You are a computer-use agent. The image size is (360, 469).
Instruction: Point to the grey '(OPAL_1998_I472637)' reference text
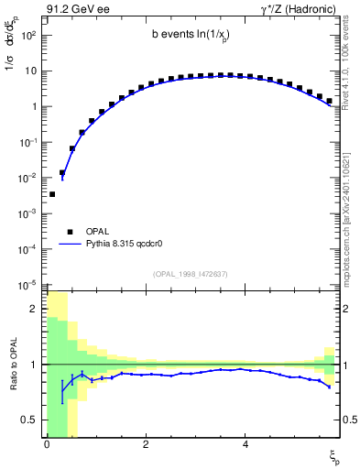pos(191,274)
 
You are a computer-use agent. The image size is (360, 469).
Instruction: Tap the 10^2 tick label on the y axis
pos(30,35)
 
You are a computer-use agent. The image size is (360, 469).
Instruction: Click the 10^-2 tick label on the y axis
pos(30,178)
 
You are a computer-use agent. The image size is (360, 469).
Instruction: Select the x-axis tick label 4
pos(245,445)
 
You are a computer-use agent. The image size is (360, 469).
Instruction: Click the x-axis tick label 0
pos(47,445)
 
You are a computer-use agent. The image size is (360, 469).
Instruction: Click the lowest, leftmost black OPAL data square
pos(52,194)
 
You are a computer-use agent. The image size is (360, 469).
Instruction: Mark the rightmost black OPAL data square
pos(329,100)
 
